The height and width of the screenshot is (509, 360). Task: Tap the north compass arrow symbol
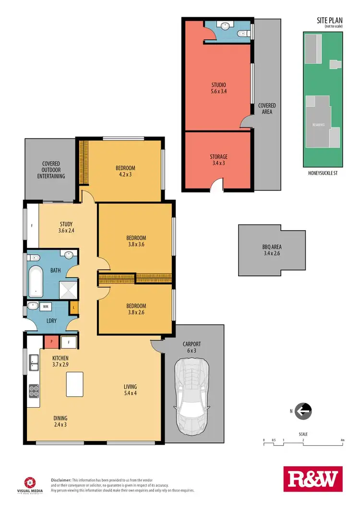point(303,411)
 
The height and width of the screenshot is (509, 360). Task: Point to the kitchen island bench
point(74,384)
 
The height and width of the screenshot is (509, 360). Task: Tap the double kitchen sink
point(34,362)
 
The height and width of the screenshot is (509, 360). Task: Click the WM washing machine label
point(47,306)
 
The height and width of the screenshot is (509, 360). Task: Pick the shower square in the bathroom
point(67,290)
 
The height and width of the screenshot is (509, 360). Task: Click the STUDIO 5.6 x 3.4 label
point(218,88)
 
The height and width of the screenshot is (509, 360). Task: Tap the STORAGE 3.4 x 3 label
point(218,159)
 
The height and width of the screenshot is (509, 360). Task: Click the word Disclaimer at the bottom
point(61,480)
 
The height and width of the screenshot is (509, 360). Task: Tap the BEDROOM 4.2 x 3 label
point(125,171)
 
